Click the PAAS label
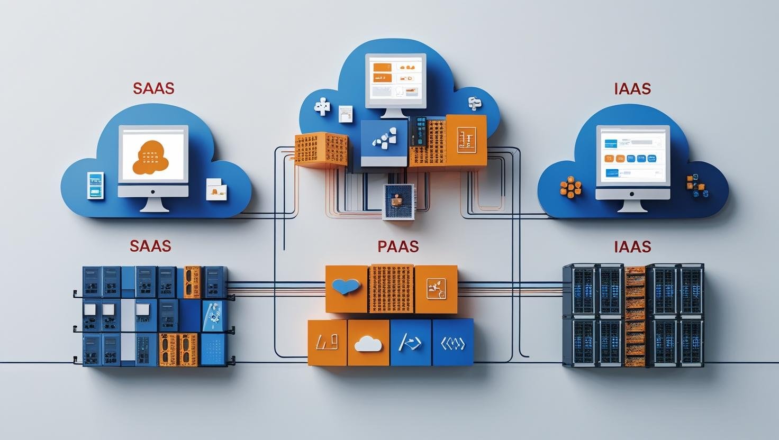pos(398,246)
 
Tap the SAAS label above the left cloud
pos(153,88)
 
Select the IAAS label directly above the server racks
pos(632,246)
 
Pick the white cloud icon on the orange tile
pos(368,344)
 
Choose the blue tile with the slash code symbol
pos(410,343)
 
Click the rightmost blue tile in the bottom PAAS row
pos(452,343)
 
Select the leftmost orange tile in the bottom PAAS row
pos(327,343)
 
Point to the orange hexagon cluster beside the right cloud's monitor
pos(570,187)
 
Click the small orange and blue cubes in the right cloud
pos(696,186)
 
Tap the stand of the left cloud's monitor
pos(153,204)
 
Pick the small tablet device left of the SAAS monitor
pos(95,186)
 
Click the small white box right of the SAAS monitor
pos(216,189)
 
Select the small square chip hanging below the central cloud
pos(397,201)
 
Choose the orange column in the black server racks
pos(635,316)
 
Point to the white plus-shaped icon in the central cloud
pos(322,107)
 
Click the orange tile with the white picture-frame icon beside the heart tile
pos(436,289)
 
